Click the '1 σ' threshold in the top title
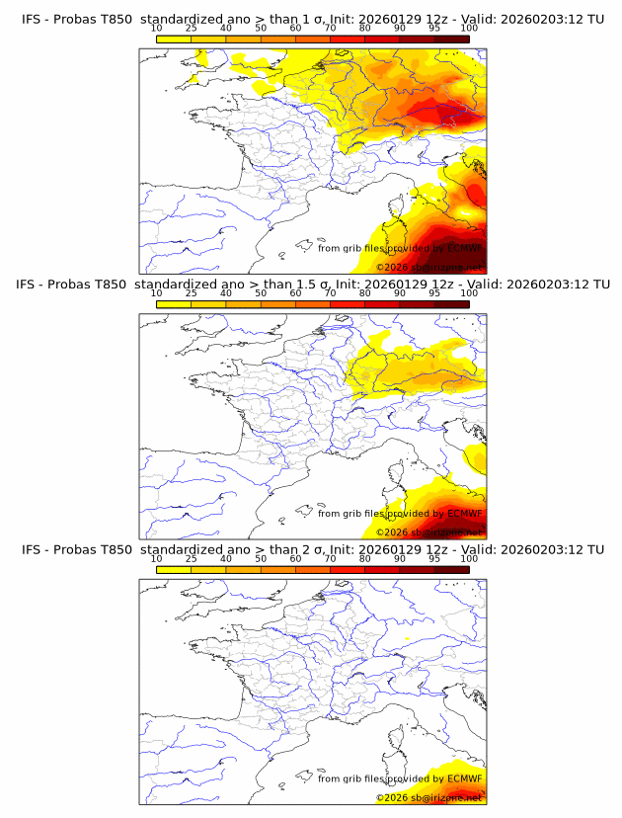(321, 20)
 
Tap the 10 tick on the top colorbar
(157, 29)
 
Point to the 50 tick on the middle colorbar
(261, 293)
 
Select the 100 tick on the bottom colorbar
(469, 558)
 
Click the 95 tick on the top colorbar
(434, 29)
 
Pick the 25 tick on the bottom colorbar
(192, 558)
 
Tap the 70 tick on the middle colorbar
(330, 293)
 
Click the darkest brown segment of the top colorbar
(451, 39)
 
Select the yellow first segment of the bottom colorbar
(174, 568)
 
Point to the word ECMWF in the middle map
(465, 513)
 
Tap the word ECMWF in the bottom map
(465, 777)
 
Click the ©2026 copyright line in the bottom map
(429, 796)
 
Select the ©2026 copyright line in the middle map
(429, 532)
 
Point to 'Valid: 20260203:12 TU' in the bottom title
(534, 549)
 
